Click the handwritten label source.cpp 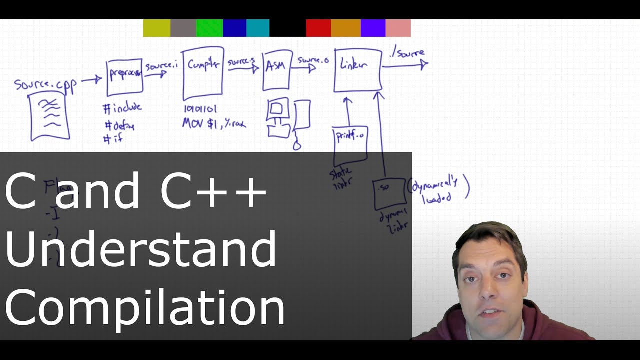pos(45,84)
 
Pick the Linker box pos(358,70)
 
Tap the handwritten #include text pos(123,108)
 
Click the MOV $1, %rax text pos(214,124)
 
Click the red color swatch pos(318,28)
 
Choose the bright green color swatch pos(209,28)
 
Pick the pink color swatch pos(398,28)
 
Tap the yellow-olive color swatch pos(157,28)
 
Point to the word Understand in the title pos(141,248)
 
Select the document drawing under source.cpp pos(49,118)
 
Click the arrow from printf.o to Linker pos(348,112)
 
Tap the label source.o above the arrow pos(313,60)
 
